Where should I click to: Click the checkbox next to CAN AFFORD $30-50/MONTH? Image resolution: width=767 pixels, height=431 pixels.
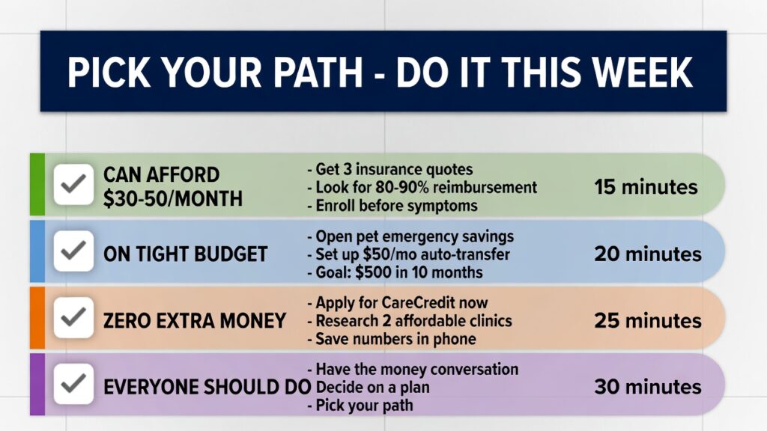tap(73, 185)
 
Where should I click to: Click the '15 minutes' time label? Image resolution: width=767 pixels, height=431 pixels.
tap(646, 187)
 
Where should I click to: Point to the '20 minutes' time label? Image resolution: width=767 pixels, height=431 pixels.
tap(648, 254)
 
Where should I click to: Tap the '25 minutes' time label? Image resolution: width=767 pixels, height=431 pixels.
tap(648, 320)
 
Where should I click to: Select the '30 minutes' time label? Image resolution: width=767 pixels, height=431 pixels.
tap(648, 387)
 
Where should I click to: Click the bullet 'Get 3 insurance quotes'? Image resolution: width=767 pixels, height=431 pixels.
tap(389, 169)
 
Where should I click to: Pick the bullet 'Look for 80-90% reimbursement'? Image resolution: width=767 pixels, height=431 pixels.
tap(422, 187)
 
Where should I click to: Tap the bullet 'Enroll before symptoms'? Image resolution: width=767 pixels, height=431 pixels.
tap(392, 205)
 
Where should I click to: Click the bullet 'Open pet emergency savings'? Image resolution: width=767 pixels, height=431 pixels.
tap(410, 236)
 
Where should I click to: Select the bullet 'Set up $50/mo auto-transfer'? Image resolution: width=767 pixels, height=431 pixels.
tap(408, 254)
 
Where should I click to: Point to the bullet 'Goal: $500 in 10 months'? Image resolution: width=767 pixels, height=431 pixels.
tap(395, 272)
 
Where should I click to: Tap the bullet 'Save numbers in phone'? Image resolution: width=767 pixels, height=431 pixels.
tap(391, 339)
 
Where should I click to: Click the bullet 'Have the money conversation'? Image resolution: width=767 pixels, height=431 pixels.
tap(413, 370)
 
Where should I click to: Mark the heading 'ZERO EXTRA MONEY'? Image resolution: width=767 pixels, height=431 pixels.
tap(195, 321)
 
